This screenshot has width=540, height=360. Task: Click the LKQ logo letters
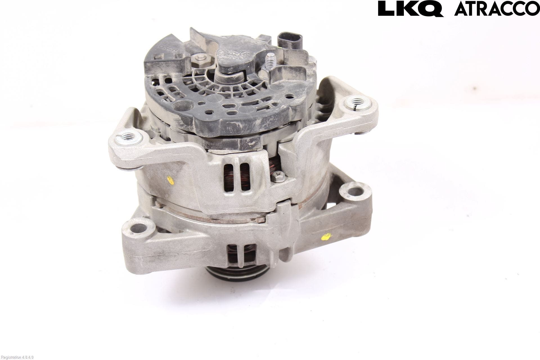click(x=410, y=9)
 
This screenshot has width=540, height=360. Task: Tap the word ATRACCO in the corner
click(x=497, y=9)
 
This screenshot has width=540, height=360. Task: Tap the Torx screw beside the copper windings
click(x=278, y=177)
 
